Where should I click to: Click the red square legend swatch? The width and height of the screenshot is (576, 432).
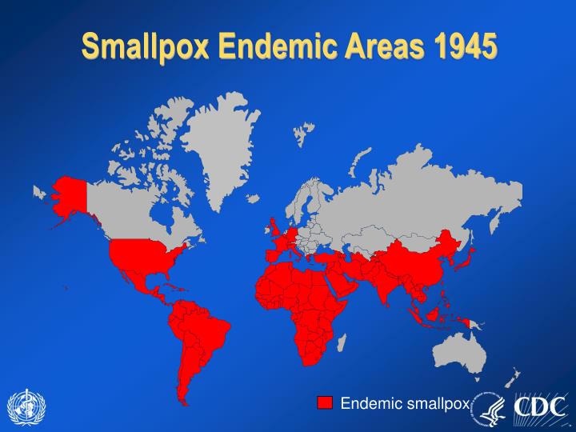tap(324, 402)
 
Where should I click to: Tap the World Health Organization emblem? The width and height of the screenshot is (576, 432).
tap(26, 406)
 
